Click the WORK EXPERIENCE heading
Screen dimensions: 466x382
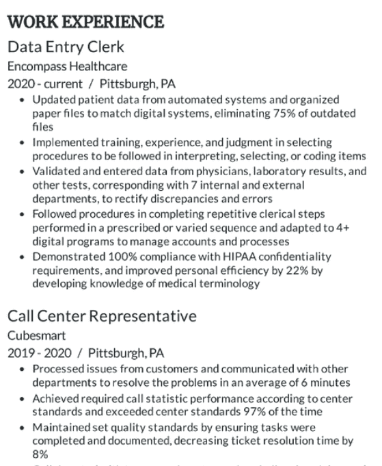pyautogui.click(x=85, y=21)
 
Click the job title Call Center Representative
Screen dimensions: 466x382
pyautogui.click(x=102, y=316)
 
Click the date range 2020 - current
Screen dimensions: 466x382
pyautogui.click(x=44, y=85)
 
